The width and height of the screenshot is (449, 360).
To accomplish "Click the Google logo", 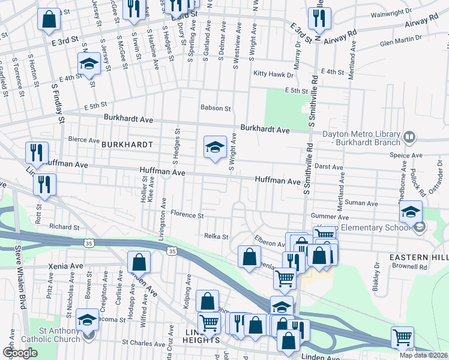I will click(20, 353).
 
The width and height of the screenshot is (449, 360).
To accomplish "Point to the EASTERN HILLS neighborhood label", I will click(419, 257).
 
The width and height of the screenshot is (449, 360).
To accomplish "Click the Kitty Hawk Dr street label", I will click(273, 74).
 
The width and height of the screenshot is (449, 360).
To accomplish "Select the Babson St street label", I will click(215, 108).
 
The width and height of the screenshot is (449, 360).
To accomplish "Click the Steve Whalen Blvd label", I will click(20, 276).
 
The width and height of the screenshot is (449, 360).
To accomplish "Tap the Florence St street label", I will click(187, 214).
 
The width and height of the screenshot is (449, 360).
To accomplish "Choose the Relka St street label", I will click(217, 236).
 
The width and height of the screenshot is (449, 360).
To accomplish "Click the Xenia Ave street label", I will click(68, 265).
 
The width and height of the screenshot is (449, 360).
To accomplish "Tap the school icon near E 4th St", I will click(89, 63).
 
